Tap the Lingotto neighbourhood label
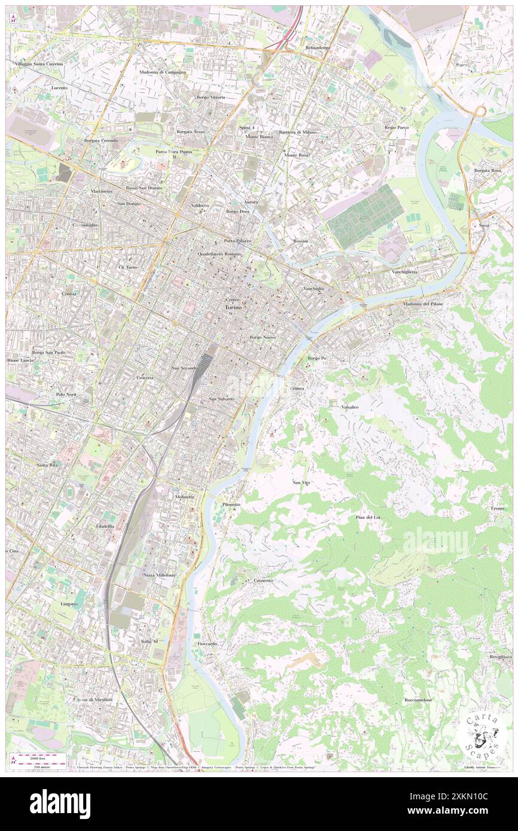click(x=69, y=604)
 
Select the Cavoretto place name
click(x=263, y=581)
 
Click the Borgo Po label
click(x=317, y=358)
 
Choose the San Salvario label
click(x=221, y=398)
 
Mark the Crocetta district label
click(x=145, y=378)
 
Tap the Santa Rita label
click(x=47, y=465)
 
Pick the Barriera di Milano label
click(x=297, y=132)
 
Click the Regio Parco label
click(x=396, y=127)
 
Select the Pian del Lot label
click(x=368, y=517)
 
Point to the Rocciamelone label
click(x=418, y=699)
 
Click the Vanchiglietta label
click(x=405, y=271)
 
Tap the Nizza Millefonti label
click(x=159, y=575)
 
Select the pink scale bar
click(x=40, y=756)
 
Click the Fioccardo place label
click(x=207, y=643)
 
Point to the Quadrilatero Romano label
click(x=219, y=254)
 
